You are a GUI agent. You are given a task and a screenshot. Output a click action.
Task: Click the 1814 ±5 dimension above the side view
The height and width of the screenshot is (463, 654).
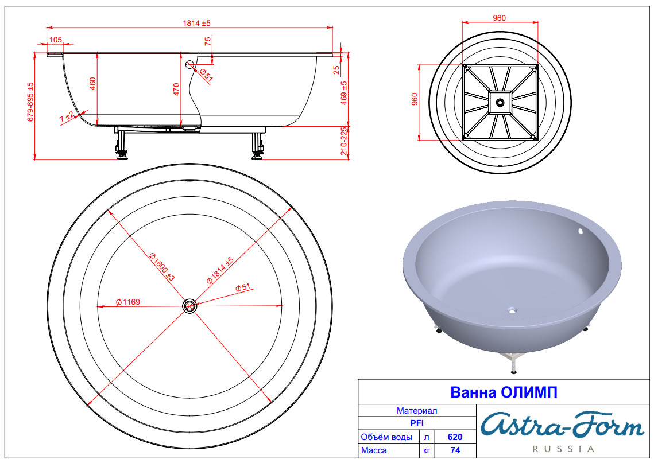(x=196, y=24)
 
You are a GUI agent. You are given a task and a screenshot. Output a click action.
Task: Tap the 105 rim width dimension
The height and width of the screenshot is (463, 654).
(x=56, y=40)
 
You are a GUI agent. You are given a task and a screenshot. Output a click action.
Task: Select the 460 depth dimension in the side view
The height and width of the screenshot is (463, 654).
(x=92, y=83)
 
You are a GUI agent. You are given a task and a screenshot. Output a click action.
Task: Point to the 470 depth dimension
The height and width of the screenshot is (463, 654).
(x=176, y=89)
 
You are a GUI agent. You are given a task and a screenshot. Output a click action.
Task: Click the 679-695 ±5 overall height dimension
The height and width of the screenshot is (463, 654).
(x=30, y=102)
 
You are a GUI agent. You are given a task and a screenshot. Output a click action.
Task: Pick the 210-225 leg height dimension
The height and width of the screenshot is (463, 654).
(x=344, y=141)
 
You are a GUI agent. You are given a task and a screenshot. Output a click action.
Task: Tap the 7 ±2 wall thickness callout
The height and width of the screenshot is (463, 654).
(x=67, y=117)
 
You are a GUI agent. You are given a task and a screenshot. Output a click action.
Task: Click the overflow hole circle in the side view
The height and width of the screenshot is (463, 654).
(x=190, y=64)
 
